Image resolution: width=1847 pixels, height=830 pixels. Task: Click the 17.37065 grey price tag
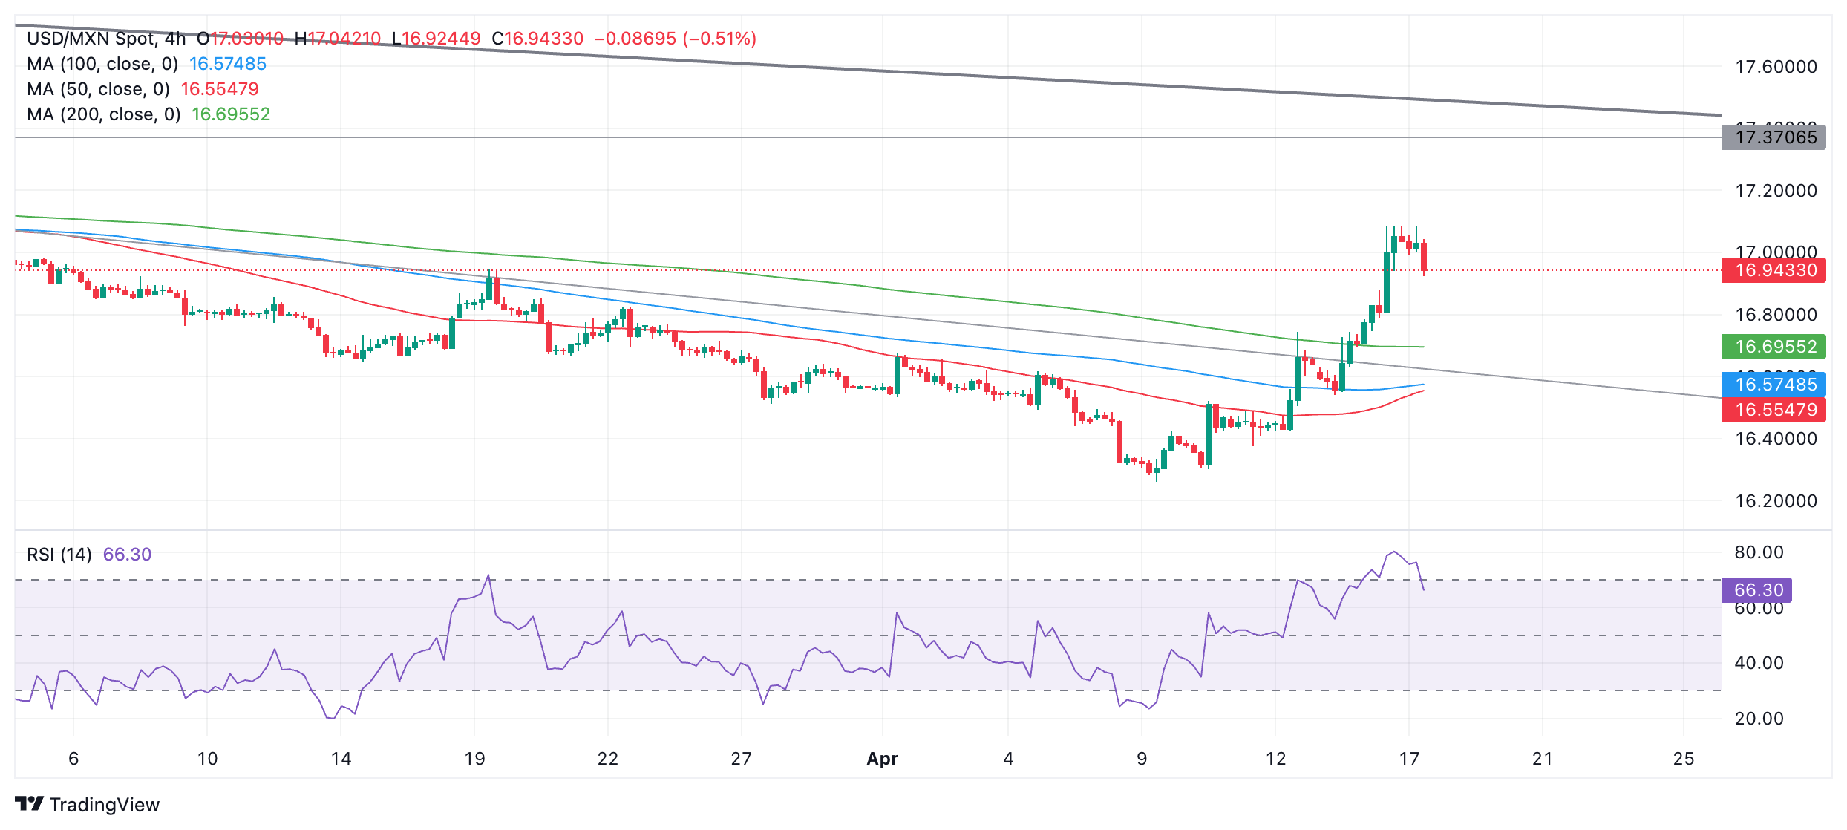tap(1775, 137)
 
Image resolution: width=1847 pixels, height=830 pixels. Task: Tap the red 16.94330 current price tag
tap(1775, 270)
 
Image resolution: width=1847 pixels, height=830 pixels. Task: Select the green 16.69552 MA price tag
tap(1775, 347)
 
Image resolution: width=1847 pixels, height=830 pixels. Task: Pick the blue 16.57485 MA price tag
tap(1775, 385)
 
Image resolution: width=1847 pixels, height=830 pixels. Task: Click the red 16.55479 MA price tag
tap(1775, 410)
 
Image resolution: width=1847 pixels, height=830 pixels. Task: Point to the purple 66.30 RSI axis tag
tap(1758, 590)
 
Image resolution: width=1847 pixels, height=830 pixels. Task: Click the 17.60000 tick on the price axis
tap(1776, 67)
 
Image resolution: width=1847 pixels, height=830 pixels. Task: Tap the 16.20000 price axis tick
tap(1776, 501)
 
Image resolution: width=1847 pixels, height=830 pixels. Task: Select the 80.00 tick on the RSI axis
tap(1759, 552)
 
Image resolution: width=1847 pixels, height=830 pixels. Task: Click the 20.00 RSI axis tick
tap(1759, 719)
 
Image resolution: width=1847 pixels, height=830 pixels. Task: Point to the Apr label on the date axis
tap(882, 759)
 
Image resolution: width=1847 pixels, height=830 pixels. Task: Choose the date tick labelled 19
tap(474, 759)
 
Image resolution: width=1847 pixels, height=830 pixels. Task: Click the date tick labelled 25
tap(1684, 759)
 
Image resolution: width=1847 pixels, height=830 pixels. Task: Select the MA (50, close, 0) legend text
tap(98, 89)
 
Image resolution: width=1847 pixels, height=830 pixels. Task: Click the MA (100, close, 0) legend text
tap(102, 64)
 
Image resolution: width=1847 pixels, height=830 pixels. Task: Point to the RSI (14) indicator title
tap(59, 555)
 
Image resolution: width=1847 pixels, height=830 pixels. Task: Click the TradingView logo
tap(87, 805)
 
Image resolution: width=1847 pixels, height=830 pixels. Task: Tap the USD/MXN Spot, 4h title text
tap(106, 39)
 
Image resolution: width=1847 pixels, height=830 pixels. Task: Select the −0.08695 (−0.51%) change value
tap(675, 39)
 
